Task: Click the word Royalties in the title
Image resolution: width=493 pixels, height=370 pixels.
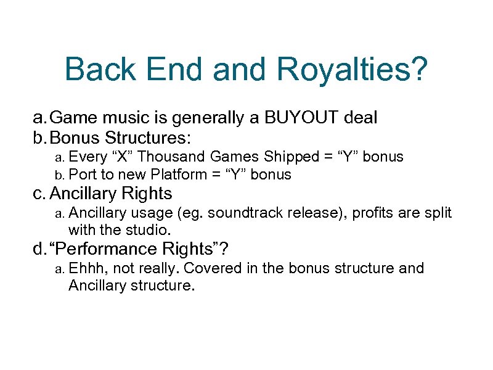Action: click(351, 70)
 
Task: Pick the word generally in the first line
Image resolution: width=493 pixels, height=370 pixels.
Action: click(197, 117)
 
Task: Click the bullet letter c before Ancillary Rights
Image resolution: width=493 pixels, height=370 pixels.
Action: click(38, 194)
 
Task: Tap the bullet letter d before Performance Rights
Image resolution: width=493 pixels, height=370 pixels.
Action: click(39, 249)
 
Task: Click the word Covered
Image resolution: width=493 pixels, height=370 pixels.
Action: click(211, 268)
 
